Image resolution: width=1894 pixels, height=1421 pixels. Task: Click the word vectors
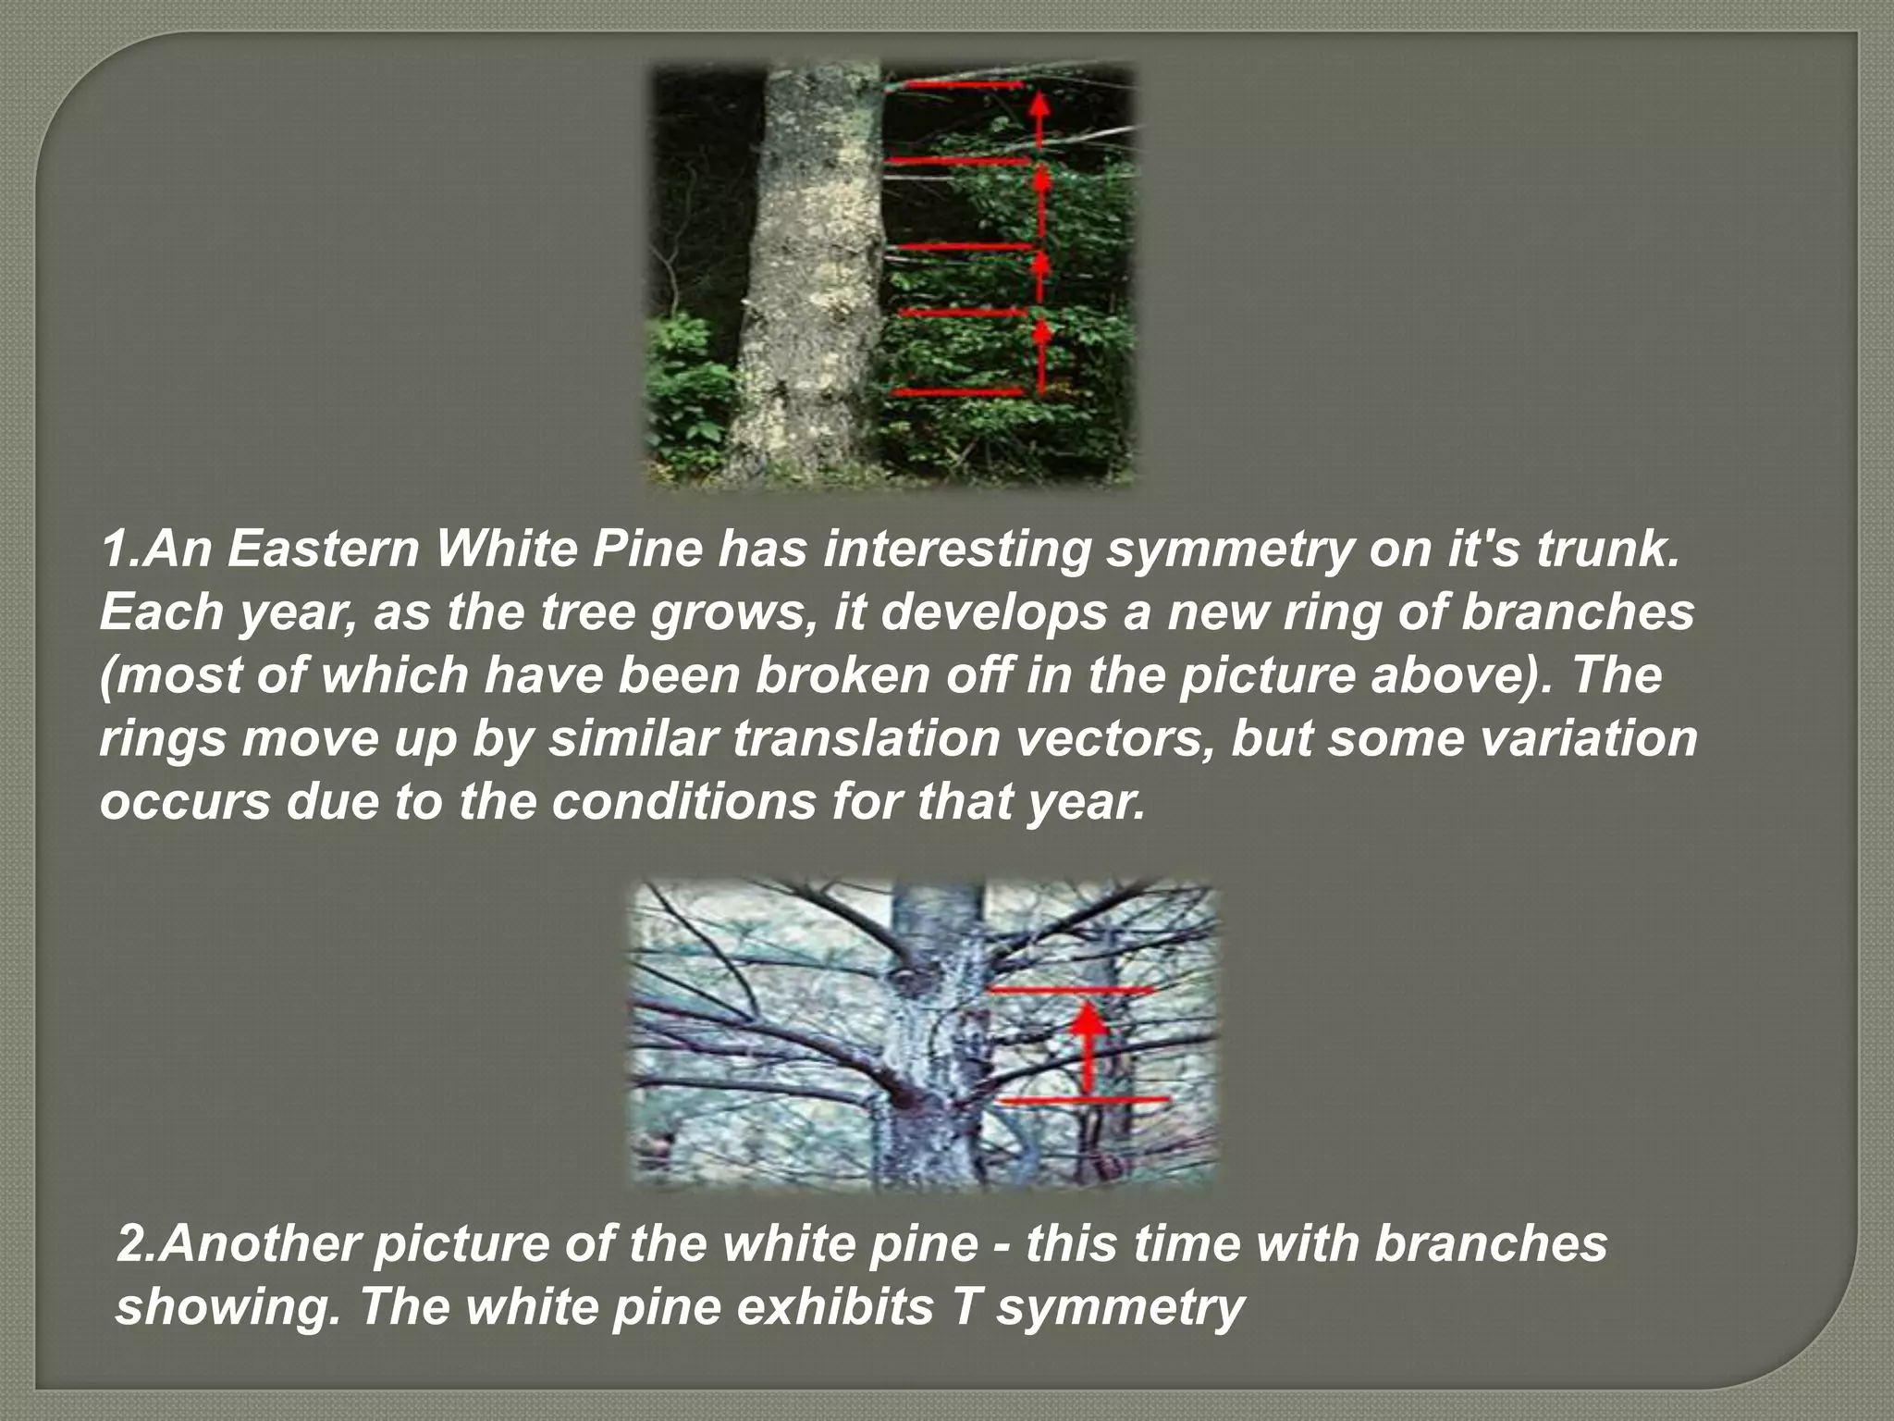pyautogui.click(x=1101, y=739)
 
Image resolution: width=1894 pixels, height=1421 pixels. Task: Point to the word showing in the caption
pyautogui.click(x=222, y=1307)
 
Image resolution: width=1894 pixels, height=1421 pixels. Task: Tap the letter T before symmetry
pyautogui.click(x=970, y=1307)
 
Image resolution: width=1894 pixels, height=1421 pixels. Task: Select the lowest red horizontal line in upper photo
pyautogui.click(x=958, y=393)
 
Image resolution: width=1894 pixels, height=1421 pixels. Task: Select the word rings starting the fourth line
pyautogui.click(x=162, y=739)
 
